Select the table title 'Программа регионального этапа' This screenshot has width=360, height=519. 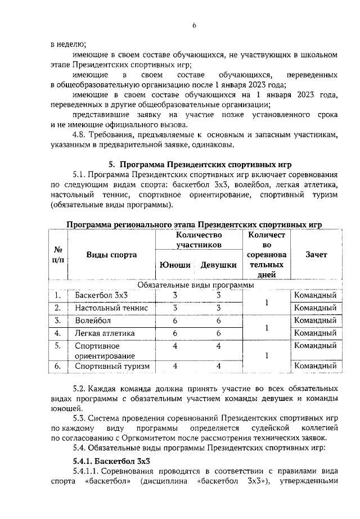pos(194,224)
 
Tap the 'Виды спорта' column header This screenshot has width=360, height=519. pos(111,254)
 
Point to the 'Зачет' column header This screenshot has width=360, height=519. pos(316,254)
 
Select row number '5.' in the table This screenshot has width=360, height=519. pos(57,345)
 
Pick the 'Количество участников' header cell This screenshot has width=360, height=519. pos(198,240)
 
